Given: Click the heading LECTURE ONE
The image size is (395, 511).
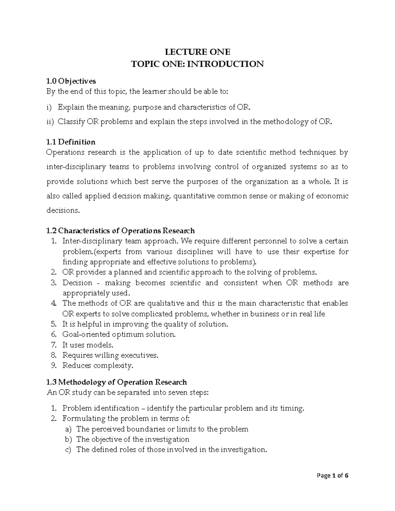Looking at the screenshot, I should pyautogui.click(x=197, y=52).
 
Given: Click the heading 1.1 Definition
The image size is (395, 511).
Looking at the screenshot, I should pyautogui.click(x=71, y=142).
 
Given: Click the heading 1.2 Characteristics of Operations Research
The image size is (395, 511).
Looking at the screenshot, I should pyautogui.click(x=120, y=231).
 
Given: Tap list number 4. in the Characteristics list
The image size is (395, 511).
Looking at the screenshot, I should pyautogui.click(x=54, y=303).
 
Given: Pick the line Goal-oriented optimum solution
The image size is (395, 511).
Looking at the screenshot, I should pyautogui.click(x=119, y=334).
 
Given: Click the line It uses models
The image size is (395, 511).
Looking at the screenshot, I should pyautogui.click(x=88, y=345).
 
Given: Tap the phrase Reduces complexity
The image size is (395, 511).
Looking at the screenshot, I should pyautogui.click(x=98, y=366).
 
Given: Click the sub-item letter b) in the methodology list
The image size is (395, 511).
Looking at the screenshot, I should pyautogui.click(x=68, y=439).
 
